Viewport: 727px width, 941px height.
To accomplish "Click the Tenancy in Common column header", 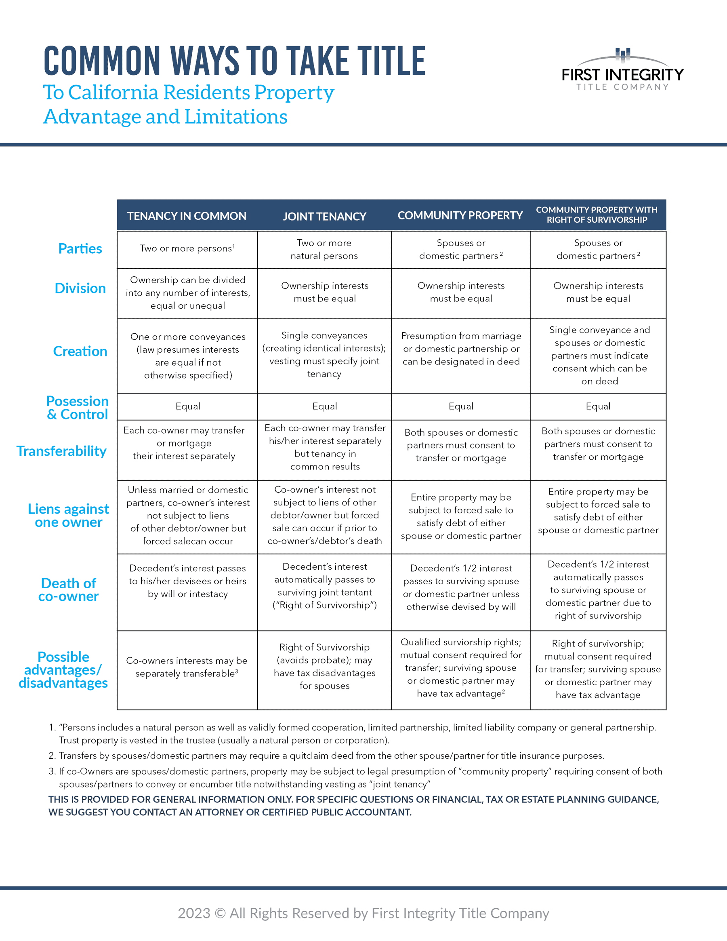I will click(x=187, y=216).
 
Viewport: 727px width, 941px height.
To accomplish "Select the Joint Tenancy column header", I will click(x=324, y=216).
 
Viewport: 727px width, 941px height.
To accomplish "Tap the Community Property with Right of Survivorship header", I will click(x=597, y=215).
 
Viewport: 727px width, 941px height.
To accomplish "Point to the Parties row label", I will click(x=80, y=248).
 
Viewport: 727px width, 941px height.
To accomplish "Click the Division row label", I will click(x=80, y=288).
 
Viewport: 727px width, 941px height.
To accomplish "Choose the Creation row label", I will click(x=80, y=351).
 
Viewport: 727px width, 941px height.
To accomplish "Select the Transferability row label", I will click(x=61, y=451).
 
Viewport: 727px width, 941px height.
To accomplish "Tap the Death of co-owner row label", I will click(x=69, y=590).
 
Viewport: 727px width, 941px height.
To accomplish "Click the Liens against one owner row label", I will click(x=69, y=516).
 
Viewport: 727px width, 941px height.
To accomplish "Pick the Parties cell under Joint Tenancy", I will click(x=324, y=249).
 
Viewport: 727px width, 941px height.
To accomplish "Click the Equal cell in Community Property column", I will click(x=461, y=406).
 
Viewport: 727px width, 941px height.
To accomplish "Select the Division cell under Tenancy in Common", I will click(x=188, y=293).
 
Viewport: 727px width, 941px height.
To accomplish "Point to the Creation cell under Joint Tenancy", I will click(x=324, y=355).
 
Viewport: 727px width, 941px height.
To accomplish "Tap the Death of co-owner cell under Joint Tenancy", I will click(x=324, y=586).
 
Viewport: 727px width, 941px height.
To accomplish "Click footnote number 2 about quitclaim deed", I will click(x=52, y=756).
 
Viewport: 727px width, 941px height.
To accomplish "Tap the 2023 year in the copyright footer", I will click(x=194, y=914).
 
